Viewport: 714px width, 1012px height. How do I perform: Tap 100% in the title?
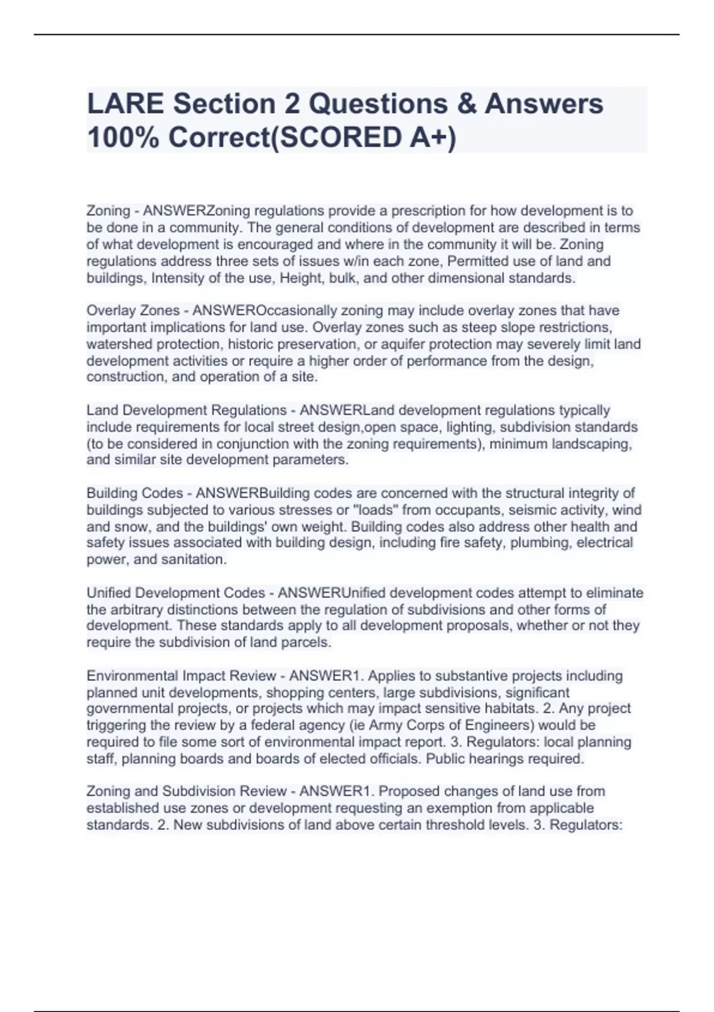tap(123, 138)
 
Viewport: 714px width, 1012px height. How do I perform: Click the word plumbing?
tap(540, 543)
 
